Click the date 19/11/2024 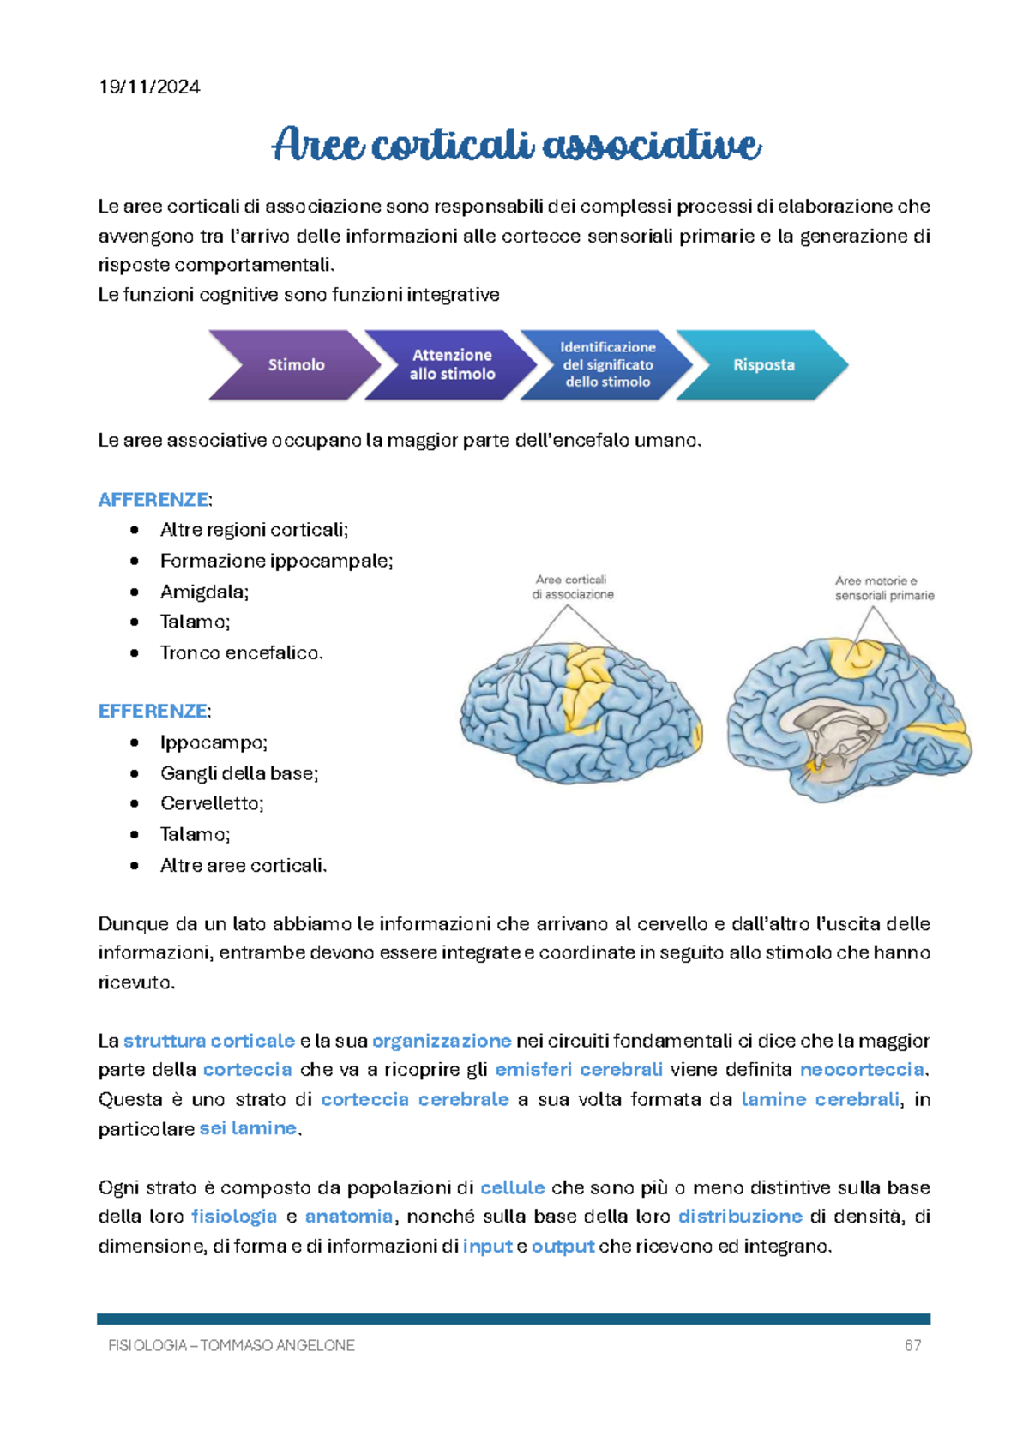point(149,87)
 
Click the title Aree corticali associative point(516,144)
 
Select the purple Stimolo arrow point(294,365)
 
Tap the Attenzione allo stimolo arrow point(451,365)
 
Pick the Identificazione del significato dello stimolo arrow point(607,365)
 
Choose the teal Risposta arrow point(763,365)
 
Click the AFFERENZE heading point(153,500)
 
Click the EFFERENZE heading point(153,712)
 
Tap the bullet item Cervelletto point(212,803)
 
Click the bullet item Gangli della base point(239,773)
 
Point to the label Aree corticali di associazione point(572,587)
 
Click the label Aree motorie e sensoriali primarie point(884,588)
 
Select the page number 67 point(912,1346)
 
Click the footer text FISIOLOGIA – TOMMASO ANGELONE point(232,1346)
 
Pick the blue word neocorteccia point(862,1070)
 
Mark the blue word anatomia point(349,1217)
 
